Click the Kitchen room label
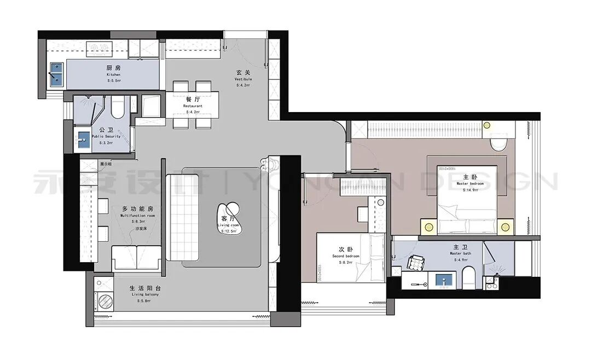(x=113, y=71)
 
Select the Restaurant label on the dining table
(x=193, y=103)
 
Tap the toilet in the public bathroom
(x=117, y=109)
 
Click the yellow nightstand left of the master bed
(x=427, y=225)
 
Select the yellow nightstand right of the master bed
(x=506, y=225)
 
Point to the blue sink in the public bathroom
(x=83, y=140)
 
